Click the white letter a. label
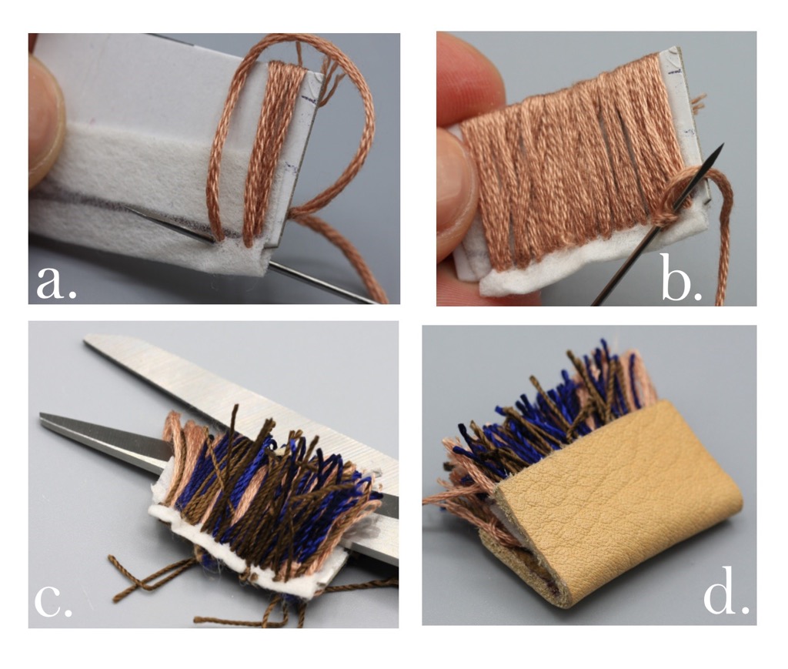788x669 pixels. [57, 281]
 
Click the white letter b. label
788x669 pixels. [682, 277]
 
